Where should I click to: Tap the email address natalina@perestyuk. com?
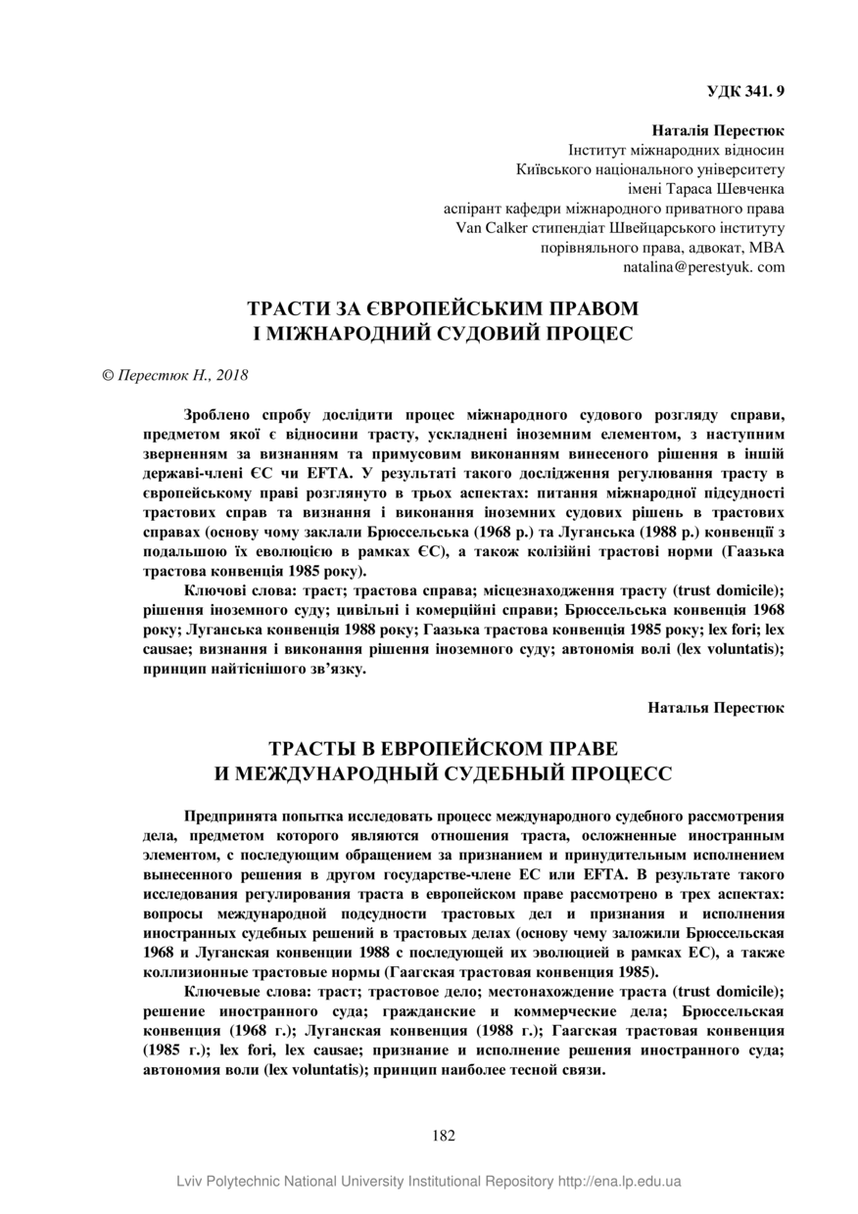click(703, 266)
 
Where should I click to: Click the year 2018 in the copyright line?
click(233, 375)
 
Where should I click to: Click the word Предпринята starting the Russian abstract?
click(230, 816)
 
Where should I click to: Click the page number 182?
click(444, 1136)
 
